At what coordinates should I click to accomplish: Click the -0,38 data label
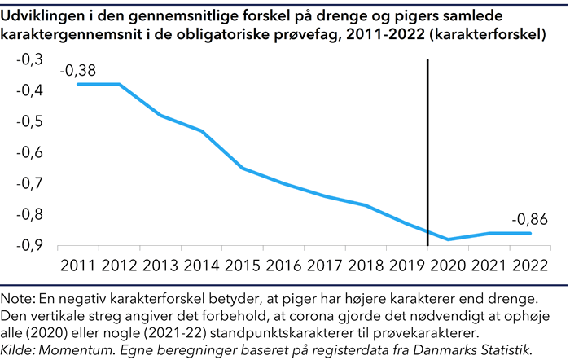tap(77, 71)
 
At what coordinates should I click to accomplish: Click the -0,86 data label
tap(530, 219)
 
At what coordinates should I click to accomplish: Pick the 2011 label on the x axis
tap(77, 266)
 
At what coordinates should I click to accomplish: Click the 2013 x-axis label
tap(160, 266)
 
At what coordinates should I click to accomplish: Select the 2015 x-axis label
tap(243, 266)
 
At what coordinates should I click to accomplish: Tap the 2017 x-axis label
tap(325, 266)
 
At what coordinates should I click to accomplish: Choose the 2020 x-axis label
tap(449, 266)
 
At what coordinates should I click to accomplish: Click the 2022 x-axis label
tap(531, 266)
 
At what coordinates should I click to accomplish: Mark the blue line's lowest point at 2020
tap(449, 239)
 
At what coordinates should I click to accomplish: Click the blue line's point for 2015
tap(243, 168)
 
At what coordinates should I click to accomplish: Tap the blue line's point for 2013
tap(160, 115)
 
